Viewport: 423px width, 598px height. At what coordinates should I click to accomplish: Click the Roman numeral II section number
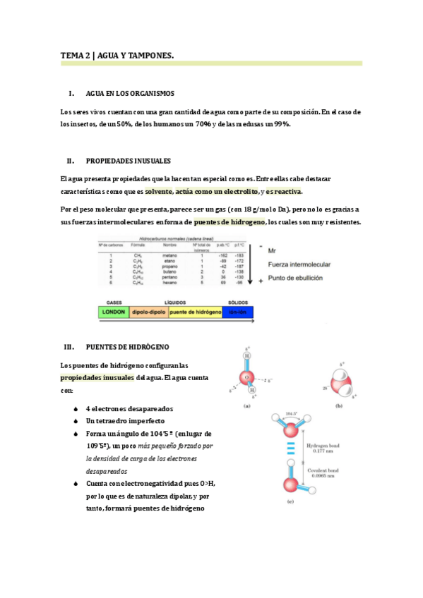(x=70, y=161)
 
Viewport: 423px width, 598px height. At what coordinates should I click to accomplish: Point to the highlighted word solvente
(x=164, y=191)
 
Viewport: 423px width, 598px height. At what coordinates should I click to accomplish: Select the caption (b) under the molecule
(x=338, y=405)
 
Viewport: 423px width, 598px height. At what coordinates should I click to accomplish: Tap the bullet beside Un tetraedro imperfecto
(x=76, y=422)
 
